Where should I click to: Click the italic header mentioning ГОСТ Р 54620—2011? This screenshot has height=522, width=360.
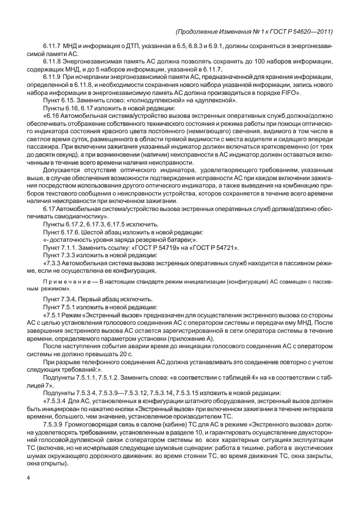pyautogui.click(x=255, y=31)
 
